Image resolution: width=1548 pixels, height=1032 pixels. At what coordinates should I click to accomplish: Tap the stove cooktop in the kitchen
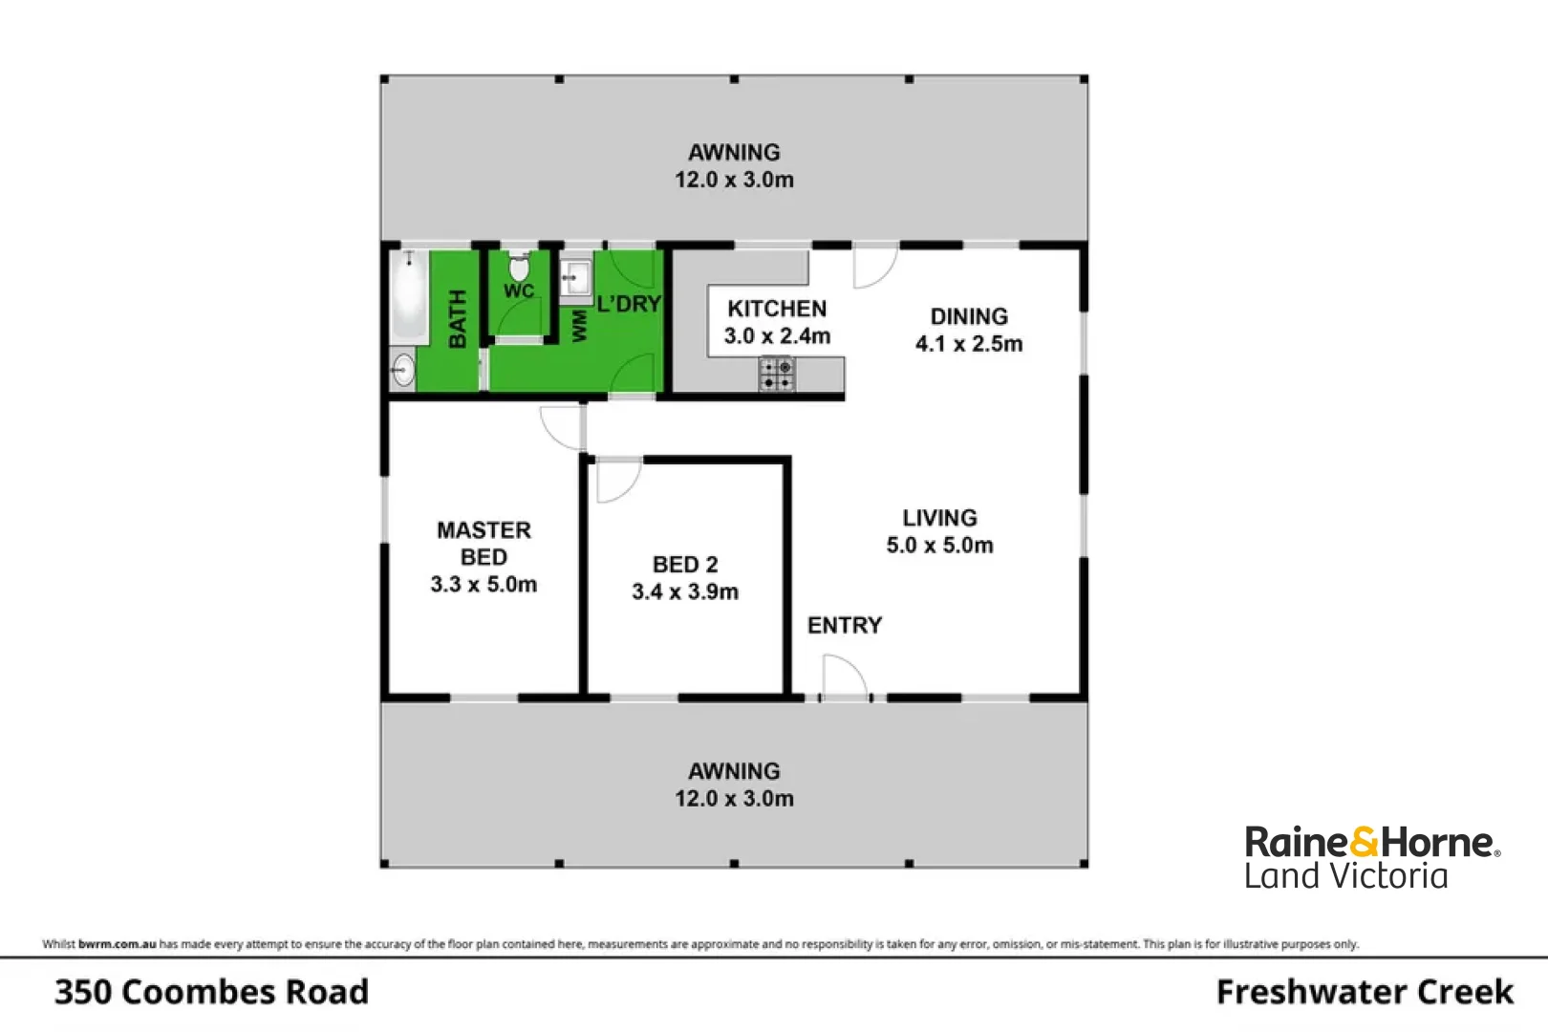777,374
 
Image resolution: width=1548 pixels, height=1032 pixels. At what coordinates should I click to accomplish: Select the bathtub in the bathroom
409,296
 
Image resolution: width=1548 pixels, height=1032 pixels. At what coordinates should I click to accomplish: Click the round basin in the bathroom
403,370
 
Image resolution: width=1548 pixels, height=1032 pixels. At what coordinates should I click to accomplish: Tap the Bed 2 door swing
616,481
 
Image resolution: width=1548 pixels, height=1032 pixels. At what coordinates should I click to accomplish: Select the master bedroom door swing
561,426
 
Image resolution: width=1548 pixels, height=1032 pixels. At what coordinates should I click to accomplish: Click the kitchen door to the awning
873,268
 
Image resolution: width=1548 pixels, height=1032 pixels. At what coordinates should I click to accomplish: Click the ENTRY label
845,625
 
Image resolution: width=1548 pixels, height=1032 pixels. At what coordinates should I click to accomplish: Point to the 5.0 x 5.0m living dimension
939,546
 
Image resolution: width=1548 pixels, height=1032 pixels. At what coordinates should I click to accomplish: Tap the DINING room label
969,316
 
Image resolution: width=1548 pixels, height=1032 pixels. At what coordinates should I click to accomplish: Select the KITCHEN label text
777,309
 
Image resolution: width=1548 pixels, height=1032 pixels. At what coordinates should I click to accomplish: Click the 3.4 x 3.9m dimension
685,592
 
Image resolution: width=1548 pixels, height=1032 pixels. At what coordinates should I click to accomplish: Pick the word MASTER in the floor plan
484,530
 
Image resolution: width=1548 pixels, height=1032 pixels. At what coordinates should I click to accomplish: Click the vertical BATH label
458,318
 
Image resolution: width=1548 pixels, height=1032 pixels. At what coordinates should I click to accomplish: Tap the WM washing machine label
579,325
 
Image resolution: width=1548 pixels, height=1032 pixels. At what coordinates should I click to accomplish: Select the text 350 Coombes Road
211,992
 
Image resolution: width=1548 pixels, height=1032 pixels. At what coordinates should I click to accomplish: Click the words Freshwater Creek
1365,992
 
